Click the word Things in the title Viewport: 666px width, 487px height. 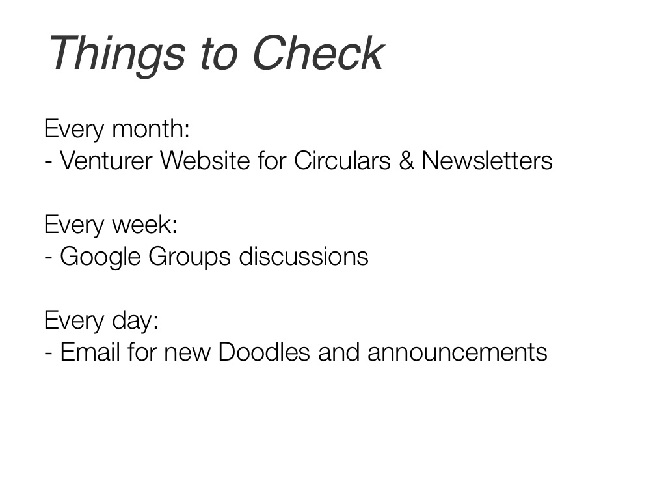coord(117,55)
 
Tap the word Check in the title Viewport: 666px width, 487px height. coord(318,53)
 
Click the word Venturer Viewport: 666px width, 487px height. coord(106,161)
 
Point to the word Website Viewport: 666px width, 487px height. coord(205,161)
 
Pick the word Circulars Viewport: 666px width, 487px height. coord(342,161)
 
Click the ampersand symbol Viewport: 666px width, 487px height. coord(406,161)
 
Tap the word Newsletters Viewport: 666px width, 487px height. coord(486,161)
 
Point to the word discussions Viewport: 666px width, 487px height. coord(304,257)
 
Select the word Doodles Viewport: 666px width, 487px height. coord(264,352)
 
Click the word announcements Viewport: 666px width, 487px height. coord(457,353)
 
